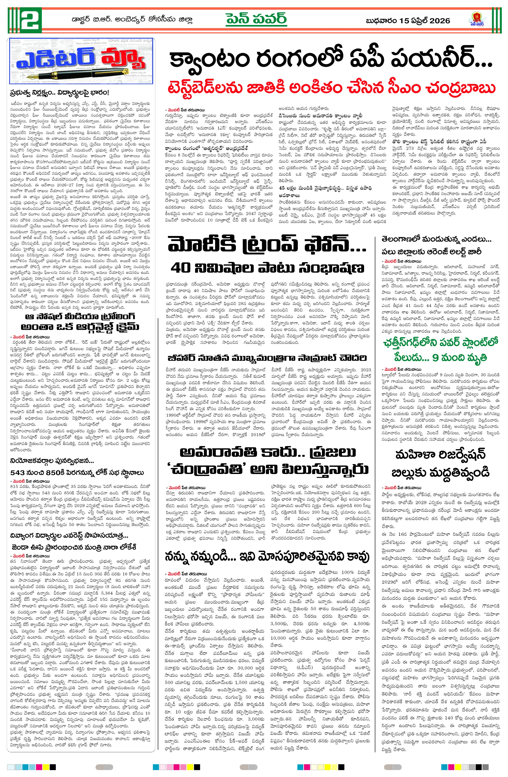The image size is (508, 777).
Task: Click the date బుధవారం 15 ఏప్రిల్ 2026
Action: tap(408, 21)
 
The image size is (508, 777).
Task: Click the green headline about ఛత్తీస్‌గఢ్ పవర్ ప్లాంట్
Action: tap(441, 350)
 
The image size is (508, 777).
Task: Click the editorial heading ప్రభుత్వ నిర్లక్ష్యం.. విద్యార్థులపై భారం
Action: tap(59, 93)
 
